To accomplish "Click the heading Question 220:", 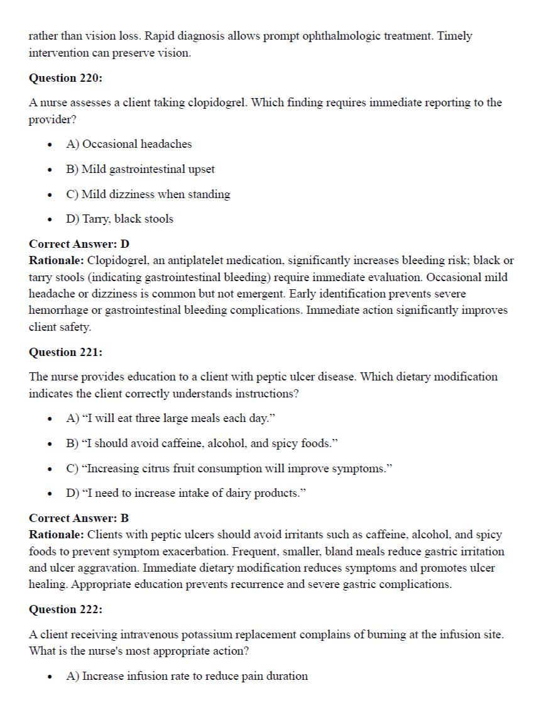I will click(x=66, y=78).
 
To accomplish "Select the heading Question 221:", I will click(x=66, y=352).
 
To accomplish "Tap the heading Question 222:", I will click(x=66, y=609).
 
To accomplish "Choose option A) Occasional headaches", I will click(x=129, y=144).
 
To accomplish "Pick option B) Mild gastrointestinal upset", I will click(x=140, y=169).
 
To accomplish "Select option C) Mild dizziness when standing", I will click(x=148, y=194).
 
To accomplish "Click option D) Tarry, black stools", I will click(x=119, y=219).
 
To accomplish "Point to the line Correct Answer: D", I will click(x=79, y=243).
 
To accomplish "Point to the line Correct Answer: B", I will click(x=79, y=518).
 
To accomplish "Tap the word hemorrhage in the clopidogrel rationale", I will click(x=57, y=310).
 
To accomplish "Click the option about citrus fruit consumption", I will click(x=227, y=469).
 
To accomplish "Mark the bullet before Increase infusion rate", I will click(x=49, y=677).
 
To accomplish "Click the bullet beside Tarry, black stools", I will click(x=49, y=219).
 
